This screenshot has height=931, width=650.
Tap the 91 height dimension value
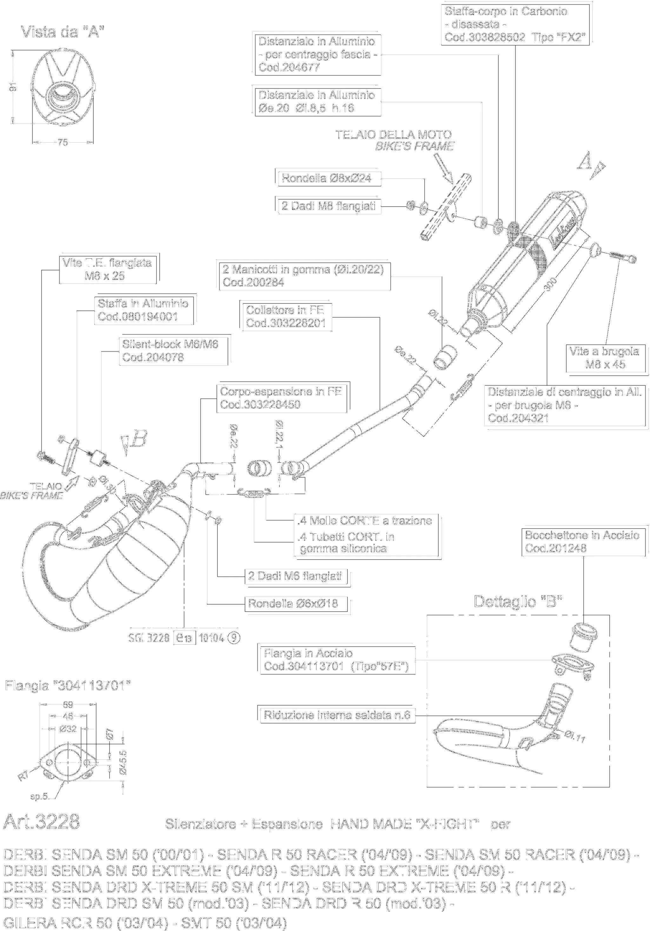15,86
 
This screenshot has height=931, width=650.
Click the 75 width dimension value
63,142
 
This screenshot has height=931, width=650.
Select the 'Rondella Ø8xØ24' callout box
328,178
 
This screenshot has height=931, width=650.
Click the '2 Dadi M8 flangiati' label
328,206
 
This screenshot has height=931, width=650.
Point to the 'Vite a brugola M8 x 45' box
605,358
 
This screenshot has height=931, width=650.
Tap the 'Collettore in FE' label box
286,316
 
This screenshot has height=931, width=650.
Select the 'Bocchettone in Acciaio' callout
583,541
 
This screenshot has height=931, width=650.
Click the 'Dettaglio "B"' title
518,601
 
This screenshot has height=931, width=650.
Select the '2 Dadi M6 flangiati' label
295,576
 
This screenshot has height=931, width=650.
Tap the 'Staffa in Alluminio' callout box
143,310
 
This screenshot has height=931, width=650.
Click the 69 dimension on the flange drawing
68,705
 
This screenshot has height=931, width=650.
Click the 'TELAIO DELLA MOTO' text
393,135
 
